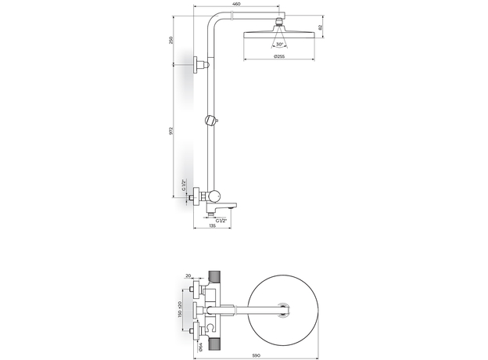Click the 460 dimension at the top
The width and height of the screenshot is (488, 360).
[x=236, y=4]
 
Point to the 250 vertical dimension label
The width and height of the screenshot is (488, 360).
[x=170, y=40]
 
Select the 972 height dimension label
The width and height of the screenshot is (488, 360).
[x=170, y=131]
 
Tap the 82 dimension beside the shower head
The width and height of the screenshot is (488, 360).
[x=321, y=27]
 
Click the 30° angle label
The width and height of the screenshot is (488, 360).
[x=279, y=45]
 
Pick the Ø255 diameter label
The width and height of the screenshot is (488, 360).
[x=279, y=56]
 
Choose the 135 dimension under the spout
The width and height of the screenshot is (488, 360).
[x=212, y=225]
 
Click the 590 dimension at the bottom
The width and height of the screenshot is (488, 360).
[x=256, y=355]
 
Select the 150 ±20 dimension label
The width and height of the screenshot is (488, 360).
[x=180, y=309]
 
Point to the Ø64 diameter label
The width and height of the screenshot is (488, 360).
[x=200, y=346]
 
